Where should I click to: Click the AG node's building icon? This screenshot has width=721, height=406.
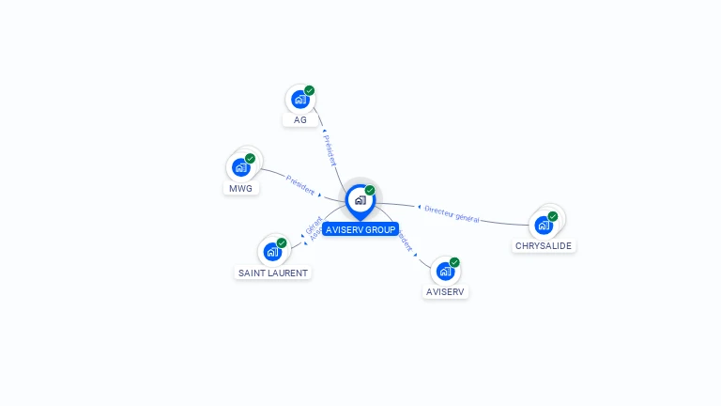tap(300, 99)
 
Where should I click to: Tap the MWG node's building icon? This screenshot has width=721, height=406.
tap(241, 168)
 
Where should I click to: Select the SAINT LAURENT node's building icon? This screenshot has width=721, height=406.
tap(272, 252)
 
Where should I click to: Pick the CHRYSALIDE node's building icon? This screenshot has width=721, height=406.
tap(543, 226)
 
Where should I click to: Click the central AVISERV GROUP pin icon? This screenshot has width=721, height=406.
tap(360, 200)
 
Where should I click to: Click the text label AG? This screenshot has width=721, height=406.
tap(300, 120)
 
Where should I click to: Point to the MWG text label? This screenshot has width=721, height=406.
tap(240, 189)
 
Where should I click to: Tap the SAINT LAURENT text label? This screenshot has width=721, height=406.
tap(272, 273)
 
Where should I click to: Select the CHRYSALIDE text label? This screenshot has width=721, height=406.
tap(544, 246)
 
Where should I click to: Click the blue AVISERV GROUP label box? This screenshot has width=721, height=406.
tap(360, 229)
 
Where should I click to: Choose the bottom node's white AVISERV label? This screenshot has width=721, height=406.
tap(445, 292)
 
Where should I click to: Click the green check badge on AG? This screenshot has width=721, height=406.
tap(310, 91)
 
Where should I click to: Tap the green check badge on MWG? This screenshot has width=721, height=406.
tap(251, 159)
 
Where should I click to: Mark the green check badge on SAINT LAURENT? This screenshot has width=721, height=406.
tap(282, 243)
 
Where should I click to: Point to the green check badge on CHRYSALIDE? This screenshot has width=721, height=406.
tap(553, 217)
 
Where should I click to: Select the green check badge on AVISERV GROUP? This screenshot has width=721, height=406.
tap(370, 191)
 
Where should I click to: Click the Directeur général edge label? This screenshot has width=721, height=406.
tap(452, 213)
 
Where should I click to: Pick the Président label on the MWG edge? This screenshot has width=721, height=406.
tap(300, 185)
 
